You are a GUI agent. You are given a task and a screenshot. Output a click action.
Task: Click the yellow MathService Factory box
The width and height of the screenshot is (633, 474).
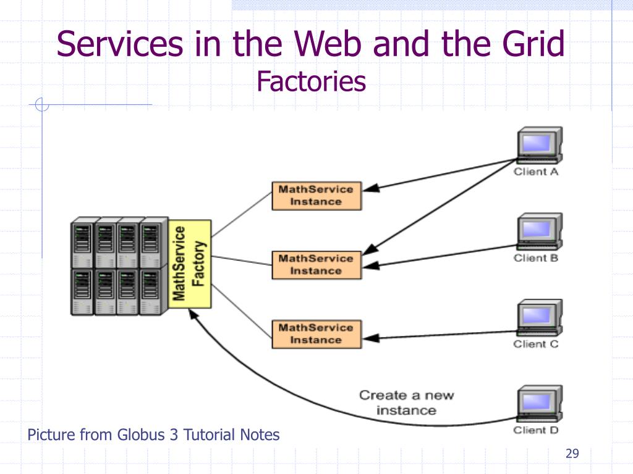pos(189,264)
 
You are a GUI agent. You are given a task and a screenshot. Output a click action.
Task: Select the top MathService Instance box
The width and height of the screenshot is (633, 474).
pos(316,196)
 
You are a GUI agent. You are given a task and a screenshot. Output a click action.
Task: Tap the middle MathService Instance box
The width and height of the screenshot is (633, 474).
pos(316,265)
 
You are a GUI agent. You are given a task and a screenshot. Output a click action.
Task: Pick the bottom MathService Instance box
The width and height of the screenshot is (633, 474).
pos(316,334)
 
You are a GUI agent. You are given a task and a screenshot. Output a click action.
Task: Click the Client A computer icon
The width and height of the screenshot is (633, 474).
pos(540,145)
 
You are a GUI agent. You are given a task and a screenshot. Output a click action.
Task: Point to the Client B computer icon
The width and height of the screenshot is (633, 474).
pos(540,231)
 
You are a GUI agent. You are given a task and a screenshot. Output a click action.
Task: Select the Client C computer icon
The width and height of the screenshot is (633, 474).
pos(540,318)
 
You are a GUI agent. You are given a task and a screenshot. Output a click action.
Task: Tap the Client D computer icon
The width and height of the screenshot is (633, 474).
pos(540,404)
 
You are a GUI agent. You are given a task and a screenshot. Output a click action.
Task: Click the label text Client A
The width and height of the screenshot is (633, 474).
pos(536,172)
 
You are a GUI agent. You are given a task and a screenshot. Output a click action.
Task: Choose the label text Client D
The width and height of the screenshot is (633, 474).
pos(536,430)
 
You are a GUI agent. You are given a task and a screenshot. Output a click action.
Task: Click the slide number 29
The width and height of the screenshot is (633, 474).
pos(572,454)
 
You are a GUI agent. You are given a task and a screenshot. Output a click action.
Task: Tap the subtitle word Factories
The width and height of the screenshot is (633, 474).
pos(312,81)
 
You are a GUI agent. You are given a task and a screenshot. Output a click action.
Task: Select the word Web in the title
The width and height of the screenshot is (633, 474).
pos(328,44)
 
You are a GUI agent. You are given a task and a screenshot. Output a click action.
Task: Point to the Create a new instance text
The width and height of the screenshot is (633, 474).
pos(407,402)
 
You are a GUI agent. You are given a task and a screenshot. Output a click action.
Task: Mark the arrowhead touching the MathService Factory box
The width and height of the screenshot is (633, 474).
pos(193,314)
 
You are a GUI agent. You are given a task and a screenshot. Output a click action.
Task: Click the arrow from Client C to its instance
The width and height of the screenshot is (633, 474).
pos(440,335)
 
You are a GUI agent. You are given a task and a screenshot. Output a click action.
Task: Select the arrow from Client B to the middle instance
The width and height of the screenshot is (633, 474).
pos(440,256)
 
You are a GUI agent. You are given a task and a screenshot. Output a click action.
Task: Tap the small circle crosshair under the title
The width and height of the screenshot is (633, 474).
pos(42,104)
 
